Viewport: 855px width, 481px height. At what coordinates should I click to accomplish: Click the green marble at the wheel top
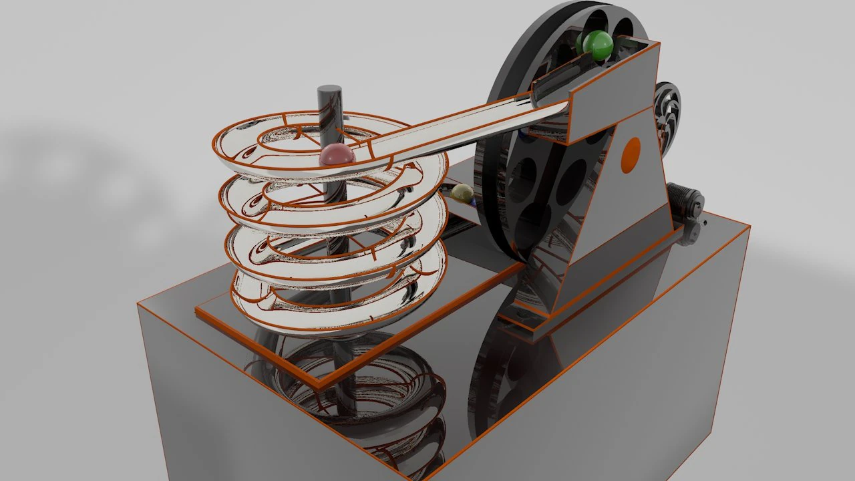coord(596,45)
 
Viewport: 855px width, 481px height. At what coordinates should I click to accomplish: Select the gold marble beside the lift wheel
coord(462,194)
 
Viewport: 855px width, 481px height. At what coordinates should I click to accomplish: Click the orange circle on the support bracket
coord(630,155)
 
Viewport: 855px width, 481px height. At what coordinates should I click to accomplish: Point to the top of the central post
coord(330,91)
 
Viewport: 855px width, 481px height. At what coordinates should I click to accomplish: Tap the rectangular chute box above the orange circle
coord(615,87)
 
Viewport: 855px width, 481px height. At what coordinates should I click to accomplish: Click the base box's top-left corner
coord(139,304)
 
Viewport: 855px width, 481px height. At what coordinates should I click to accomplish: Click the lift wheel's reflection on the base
coord(494,374)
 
